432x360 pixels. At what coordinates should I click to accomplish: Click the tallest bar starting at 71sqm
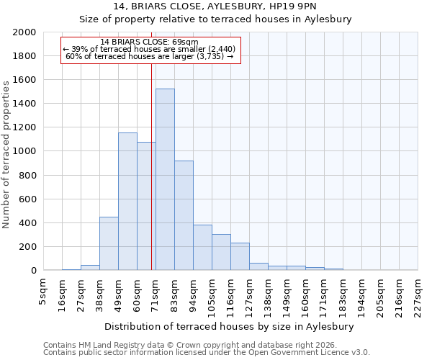[x=165, y=180]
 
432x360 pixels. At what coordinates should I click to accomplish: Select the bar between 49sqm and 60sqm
[x=127, y=202]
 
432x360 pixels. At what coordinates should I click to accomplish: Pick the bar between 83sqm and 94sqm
[x=184, y=216]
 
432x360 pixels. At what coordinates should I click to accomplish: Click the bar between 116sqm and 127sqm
[x=240, y=256]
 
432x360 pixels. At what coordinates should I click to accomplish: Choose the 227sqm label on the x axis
[x=418, y=294]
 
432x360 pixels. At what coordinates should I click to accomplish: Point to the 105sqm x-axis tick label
[x=212, y=294]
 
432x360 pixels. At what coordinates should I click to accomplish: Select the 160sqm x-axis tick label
[x=306, y=294]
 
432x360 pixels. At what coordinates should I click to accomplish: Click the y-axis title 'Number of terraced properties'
[x=7, y=154]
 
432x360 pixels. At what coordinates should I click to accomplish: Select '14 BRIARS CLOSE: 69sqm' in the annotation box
[x=149, y=42]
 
